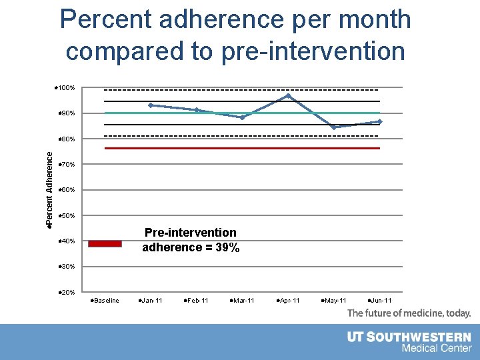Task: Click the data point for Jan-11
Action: pyautogui.click(x=151, y=105)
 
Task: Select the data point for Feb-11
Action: pyautogui.click(x=197, y=110)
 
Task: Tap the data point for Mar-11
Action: pyautogui.click(x=243, y=117)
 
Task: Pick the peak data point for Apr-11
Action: pyautogui.click(x=289, y=96)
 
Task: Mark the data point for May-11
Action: pyautogui.click(x=334, y=127)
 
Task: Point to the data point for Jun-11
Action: pyautogui.click(x=379, y=121)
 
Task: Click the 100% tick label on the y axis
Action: pyautogui.click(x=65, y=88)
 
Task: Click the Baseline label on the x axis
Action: pyautogui.click(x=105, y=301)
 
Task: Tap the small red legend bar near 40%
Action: pyautogui.click(x=105, y=243)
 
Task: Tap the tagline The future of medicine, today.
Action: pyautogui.click(x=409, y=313)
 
